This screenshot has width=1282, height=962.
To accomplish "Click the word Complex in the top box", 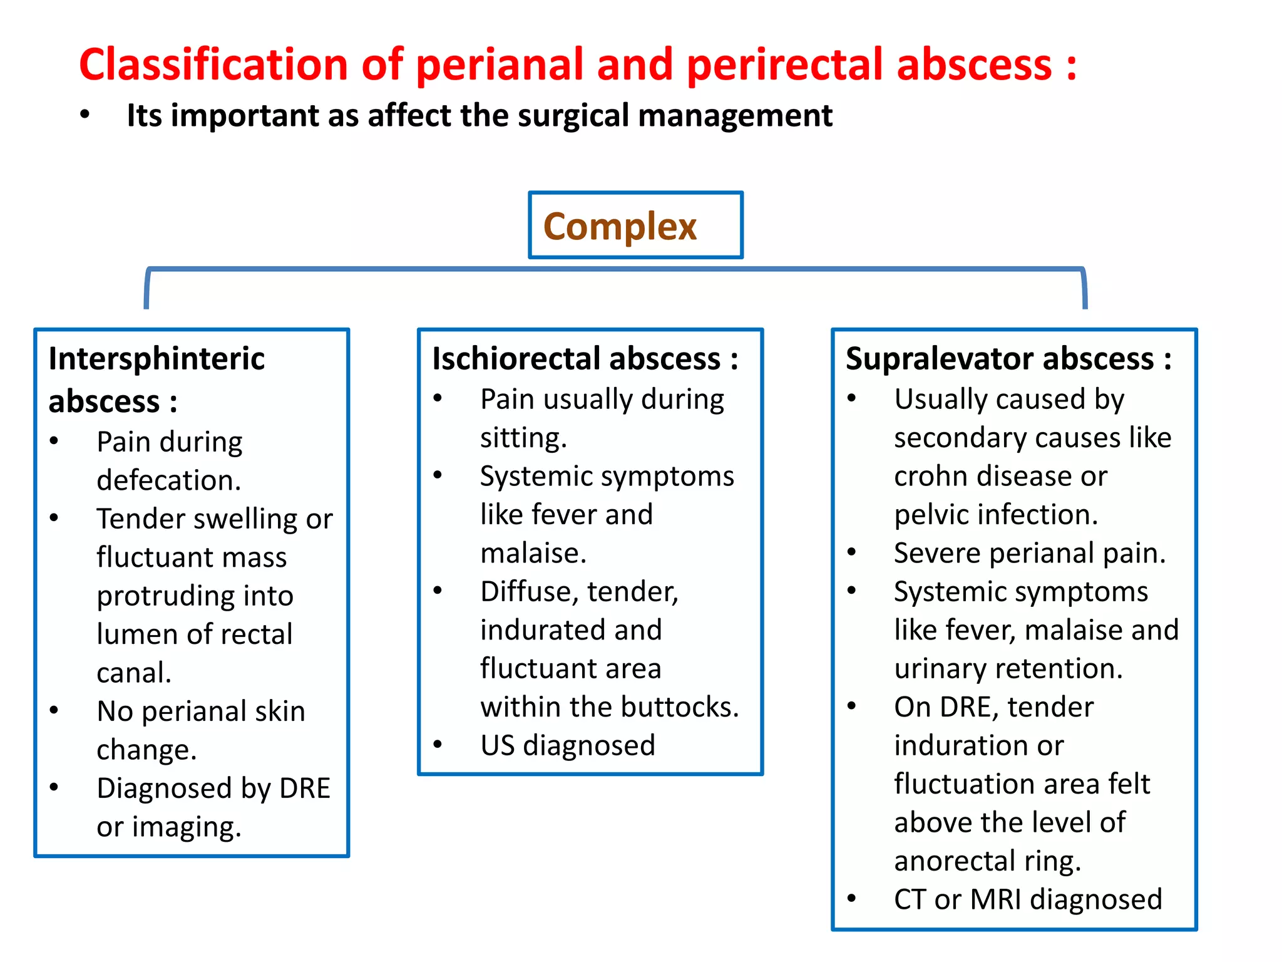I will [619, 226].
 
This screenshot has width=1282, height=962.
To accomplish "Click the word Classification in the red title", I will [213, 65].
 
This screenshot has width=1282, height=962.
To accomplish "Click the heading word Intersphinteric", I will [156, 359].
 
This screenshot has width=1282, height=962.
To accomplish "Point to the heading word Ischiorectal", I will [514, 359].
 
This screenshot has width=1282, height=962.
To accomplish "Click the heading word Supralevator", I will [937, 359].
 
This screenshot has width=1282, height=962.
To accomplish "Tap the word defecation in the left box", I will [168, 480].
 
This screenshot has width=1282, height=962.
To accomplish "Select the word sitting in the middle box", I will [521, 437].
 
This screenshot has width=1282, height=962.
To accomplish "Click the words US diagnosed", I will [567, 745].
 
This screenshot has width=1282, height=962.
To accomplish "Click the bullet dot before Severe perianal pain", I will [851, 552].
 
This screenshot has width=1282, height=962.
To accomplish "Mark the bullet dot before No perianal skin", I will [54, 710].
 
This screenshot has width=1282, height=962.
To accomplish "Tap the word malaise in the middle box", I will [532, 553].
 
